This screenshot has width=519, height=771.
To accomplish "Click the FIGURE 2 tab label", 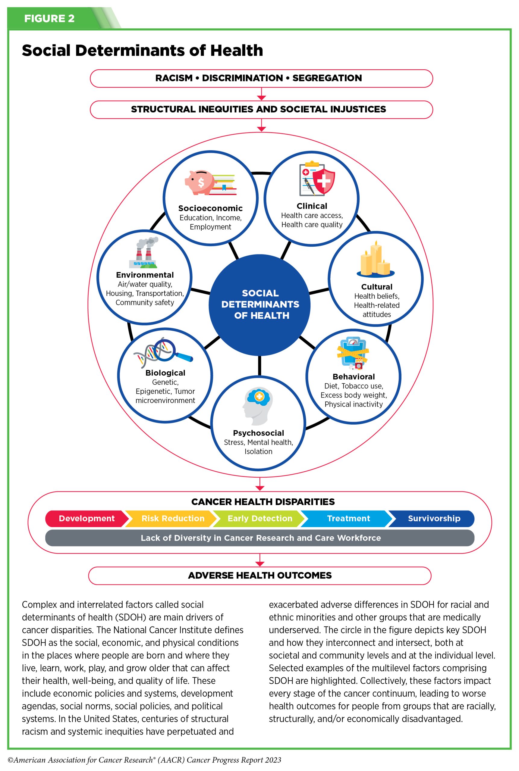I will tap(49, 19).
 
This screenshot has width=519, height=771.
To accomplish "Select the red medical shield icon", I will tap(323, 181).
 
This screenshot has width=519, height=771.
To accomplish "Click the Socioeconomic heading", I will tap(210, 208).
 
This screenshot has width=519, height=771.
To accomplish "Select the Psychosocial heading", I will tap(258, 433).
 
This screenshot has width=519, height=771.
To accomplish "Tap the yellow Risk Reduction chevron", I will tap(173, 518).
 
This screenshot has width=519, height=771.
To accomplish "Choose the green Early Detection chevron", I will tap(260, 518).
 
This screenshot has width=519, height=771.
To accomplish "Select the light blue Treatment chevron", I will tap(348, 518).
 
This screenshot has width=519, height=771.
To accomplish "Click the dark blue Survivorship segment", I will tap(434, 518).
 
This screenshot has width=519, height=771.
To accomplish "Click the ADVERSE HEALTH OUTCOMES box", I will tap(260, 576).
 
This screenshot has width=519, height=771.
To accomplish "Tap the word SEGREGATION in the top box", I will tap(327, 78).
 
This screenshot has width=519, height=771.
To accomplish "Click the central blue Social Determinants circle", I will tap(260, 304).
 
